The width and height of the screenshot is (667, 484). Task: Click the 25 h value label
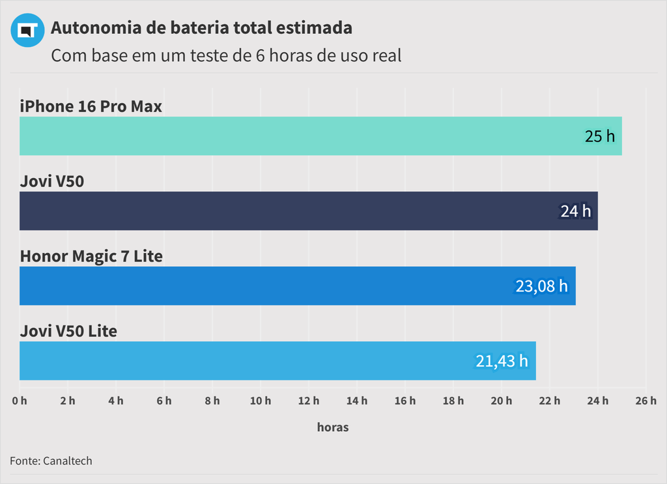point(599,136)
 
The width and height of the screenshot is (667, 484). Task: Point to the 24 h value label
point(576,211)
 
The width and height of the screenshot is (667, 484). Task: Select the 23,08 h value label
point(541,286)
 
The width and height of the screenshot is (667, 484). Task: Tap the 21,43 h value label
point(502,361)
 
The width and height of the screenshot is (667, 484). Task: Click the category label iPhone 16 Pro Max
point(91,106)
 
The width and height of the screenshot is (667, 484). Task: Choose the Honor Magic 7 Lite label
point(91,256)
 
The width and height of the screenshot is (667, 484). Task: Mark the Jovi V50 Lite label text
point(68,331)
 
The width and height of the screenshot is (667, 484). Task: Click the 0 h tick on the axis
point(20,401)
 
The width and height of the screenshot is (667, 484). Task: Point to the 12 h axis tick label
point(309,401)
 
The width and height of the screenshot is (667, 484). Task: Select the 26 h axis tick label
point(646,401)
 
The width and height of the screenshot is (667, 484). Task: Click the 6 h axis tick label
point(164,401)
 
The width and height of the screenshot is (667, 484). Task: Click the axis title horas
point(333,427)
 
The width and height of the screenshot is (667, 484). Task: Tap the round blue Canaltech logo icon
point(27,30)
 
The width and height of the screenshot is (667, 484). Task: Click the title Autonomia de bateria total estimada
point(201,28)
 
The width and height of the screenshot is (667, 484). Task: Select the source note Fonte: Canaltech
point(51,461)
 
